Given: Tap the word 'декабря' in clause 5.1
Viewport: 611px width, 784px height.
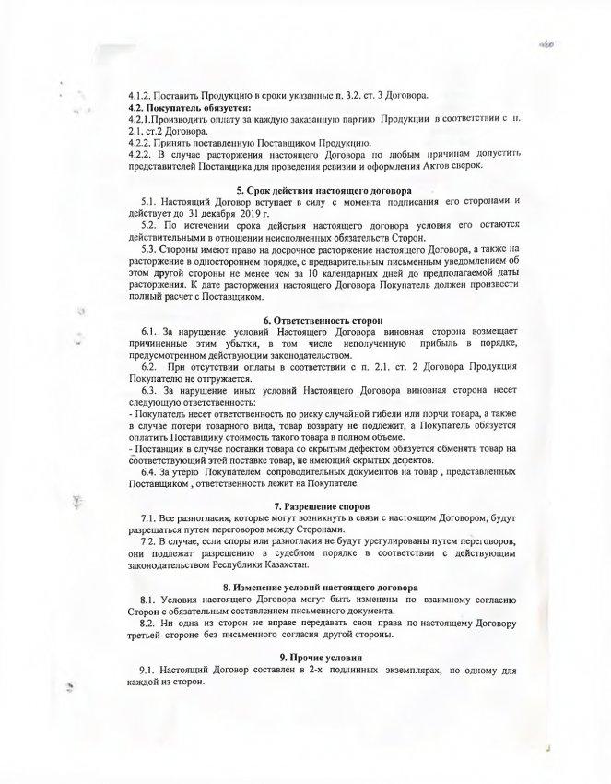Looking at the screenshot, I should (209, 213).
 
